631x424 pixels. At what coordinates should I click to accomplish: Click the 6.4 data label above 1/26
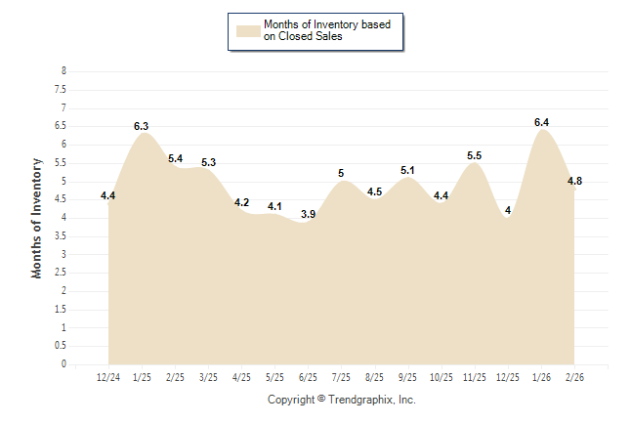542,122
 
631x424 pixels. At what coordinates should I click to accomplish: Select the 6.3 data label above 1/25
141,126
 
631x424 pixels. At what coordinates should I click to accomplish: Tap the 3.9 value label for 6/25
308,214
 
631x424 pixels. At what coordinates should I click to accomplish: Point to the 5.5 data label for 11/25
475,155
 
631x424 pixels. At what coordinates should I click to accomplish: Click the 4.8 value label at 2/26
575,181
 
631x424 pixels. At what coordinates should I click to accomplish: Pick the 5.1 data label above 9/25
408,170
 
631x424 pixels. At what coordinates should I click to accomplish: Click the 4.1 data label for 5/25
274,206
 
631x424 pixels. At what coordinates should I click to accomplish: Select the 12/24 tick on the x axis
108,377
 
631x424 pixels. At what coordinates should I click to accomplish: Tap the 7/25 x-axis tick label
341,377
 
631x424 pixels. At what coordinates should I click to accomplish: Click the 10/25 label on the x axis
442,377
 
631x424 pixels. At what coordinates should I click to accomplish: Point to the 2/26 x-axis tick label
575,377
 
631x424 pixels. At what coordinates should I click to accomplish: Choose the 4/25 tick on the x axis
241,377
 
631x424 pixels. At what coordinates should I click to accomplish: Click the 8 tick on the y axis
63,71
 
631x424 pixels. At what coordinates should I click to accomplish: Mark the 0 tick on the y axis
63,364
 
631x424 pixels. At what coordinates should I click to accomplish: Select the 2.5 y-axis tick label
62,273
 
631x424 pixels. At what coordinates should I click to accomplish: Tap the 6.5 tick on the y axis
62,126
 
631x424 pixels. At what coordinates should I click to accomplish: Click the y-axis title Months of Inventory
37,218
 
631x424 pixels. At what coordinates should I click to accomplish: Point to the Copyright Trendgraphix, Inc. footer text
342,400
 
